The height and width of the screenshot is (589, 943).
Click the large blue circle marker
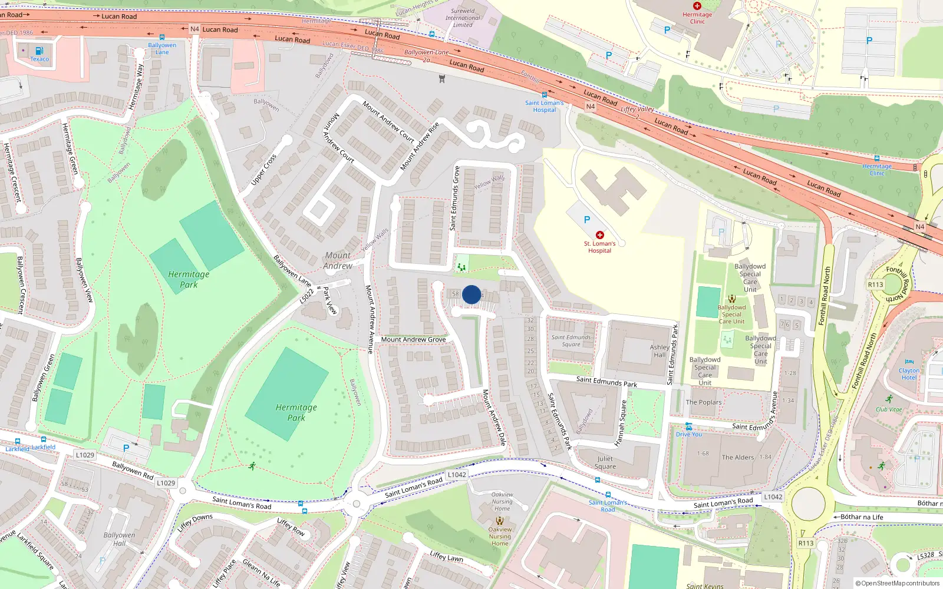[471, 294]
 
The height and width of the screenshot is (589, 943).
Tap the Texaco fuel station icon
[39, 51]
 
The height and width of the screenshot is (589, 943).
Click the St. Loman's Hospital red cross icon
[600, 235]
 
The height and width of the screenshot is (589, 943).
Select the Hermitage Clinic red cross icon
[697, 6]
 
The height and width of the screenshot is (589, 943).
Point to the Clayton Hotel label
[909, 374]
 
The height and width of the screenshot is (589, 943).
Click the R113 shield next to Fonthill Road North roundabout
[875, 284]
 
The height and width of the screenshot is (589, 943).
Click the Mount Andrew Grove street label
[413, 339]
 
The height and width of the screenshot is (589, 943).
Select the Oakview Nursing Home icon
[500, 521]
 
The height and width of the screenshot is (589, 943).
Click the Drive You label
[688, 434]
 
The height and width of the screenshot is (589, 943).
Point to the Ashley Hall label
[659, 351]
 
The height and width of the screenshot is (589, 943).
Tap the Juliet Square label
[605, 462]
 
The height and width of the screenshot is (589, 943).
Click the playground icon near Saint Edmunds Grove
[461, 267]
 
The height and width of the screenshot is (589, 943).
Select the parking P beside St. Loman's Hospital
[586, 220]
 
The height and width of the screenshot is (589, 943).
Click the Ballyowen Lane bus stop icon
[162, 37]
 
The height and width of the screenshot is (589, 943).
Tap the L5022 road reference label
[306, 296]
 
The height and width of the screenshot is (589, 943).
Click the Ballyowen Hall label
[119, 539]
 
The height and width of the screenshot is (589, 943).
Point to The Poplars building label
[703, 402]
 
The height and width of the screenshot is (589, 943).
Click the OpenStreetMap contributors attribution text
[898, 583]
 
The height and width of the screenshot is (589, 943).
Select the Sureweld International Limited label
[463, 18]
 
